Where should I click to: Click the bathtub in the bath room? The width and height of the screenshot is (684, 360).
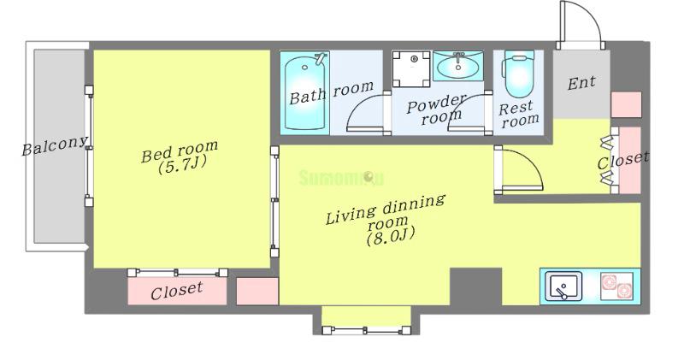click(305, 91)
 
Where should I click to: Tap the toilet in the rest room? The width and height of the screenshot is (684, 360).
click(519, 74)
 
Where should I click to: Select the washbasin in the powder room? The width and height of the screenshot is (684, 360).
click(458, 66)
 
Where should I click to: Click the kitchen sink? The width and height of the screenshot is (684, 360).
click(563, 286)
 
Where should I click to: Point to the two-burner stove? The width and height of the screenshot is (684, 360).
click(616, 286)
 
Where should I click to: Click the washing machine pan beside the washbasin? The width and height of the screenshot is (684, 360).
click(411, 69)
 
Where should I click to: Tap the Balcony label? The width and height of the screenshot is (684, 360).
click(55, 145)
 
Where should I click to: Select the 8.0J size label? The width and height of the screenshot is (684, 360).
click(390, 237)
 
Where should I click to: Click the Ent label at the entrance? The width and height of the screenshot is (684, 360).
click(581, 82)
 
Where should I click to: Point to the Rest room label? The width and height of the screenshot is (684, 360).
click(519, 114)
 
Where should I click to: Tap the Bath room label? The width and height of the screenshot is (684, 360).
click(332, 92)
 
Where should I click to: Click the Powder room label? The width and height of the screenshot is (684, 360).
click(436, 109)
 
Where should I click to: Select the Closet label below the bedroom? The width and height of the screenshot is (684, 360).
click(177, 291)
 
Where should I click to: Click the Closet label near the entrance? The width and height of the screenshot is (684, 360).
click(623, 160)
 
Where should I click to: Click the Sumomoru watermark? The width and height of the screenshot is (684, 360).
click(341, 178)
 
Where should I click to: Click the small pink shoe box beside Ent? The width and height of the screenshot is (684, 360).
click(626, 104)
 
